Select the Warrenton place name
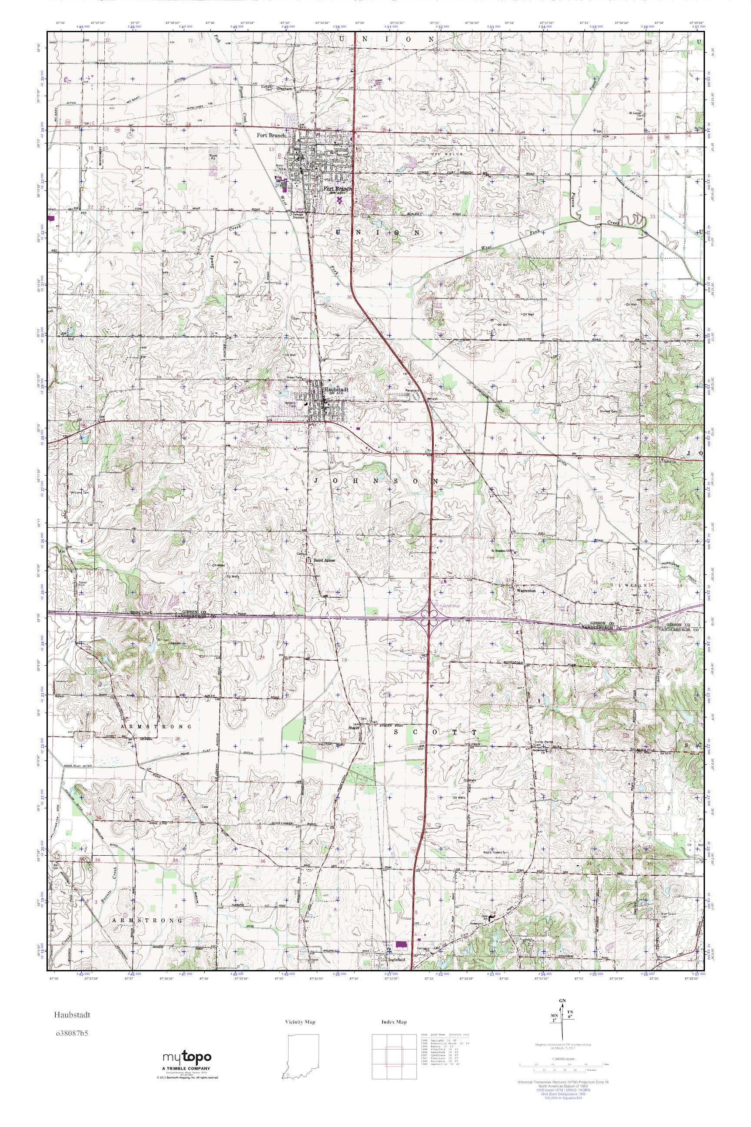(525, 591)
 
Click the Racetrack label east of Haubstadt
(412, 390)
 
